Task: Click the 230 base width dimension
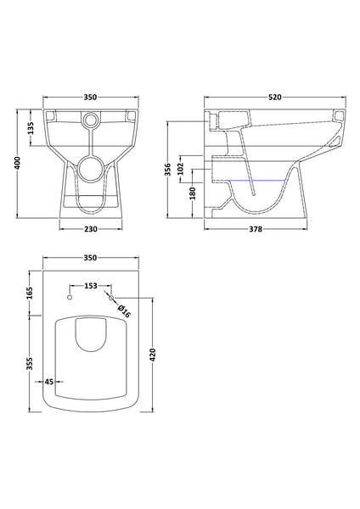pyautogui.click(x=90, y=229)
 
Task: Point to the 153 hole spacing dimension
pyautogui.click(x=90, y=286)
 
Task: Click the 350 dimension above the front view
pyautogui.click(x=90, y=98)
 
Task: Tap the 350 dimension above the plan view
pyautogui.click(x=90, y=258)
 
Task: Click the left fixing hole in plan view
pyautogui.click(x=69, y=297)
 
